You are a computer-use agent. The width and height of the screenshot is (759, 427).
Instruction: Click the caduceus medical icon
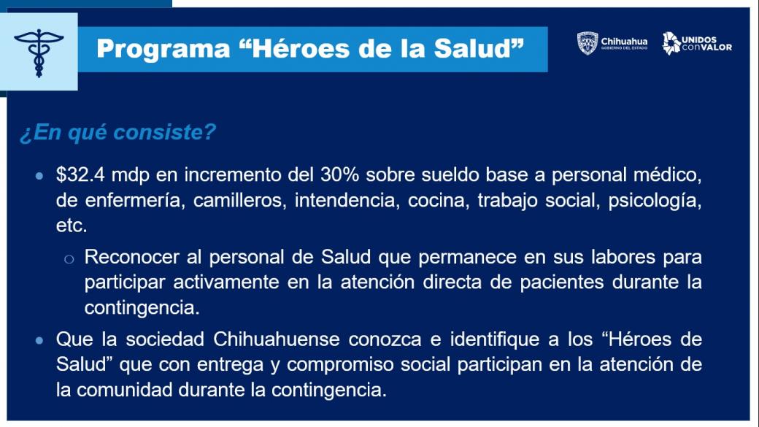coord(39,53)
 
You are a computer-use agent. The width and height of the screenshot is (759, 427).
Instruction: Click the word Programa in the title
coord(163,50)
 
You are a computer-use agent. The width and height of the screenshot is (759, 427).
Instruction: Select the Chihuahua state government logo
coord(612,43)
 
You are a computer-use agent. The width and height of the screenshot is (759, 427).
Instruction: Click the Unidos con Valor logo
coord(697,43)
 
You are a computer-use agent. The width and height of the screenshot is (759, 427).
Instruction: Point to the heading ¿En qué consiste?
coord(117,132)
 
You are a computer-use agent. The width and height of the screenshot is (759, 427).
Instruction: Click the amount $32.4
coord(80,174)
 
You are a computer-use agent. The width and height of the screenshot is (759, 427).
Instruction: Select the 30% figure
coord(340,174)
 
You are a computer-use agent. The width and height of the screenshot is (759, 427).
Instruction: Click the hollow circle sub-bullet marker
coord(69,259)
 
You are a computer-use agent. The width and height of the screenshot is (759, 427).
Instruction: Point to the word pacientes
coord(562,282)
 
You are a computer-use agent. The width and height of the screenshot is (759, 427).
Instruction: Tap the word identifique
coord(495,340)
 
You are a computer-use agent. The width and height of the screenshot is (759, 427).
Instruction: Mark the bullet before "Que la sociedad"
coord(39,340)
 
